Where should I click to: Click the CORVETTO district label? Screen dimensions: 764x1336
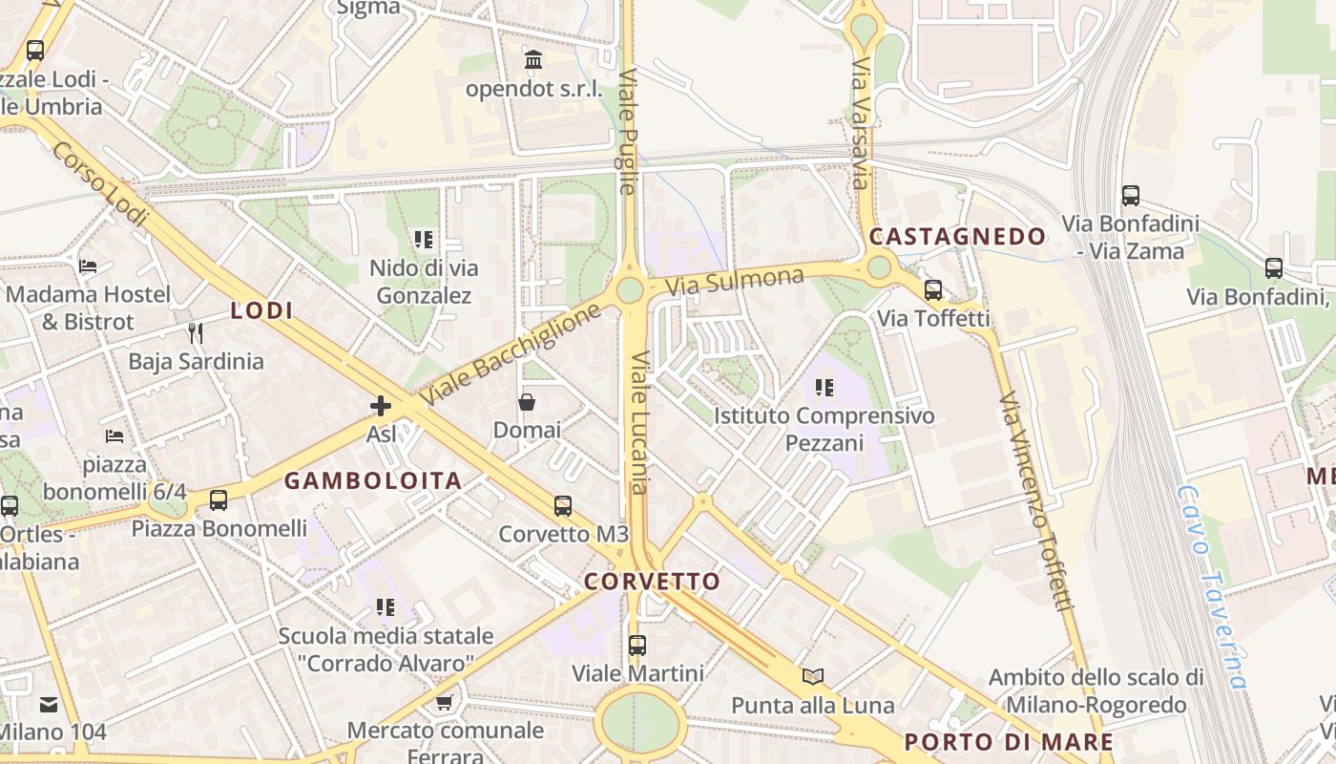point(652,582)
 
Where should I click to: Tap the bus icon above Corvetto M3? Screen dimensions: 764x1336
point(563,506)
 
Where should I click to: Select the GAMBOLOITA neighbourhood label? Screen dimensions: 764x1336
point(373,480)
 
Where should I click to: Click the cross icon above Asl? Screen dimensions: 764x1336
point(381,406)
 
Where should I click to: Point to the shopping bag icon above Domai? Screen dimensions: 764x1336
point(526,402)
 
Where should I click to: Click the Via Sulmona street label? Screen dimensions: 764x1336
point(735,281)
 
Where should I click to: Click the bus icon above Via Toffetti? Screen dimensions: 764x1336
point(933,290)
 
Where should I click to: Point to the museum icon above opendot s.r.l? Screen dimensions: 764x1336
point(533,61)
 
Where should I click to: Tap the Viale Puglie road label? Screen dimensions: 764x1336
point(627,130)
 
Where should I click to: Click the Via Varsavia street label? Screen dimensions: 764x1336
point(861,123)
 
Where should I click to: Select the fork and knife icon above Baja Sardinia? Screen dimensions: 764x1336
point(196,332)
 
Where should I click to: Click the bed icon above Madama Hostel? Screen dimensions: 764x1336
point(89,265)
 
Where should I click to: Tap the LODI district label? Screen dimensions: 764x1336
point(261,310)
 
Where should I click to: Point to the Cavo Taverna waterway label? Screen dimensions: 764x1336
point(1212,586)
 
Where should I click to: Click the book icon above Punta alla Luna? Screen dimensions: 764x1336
point(813,676)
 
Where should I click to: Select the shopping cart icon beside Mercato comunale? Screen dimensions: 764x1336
point(444,703)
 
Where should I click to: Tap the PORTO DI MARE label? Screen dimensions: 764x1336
point(1008,742)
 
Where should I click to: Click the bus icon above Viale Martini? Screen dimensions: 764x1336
point(637,645)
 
